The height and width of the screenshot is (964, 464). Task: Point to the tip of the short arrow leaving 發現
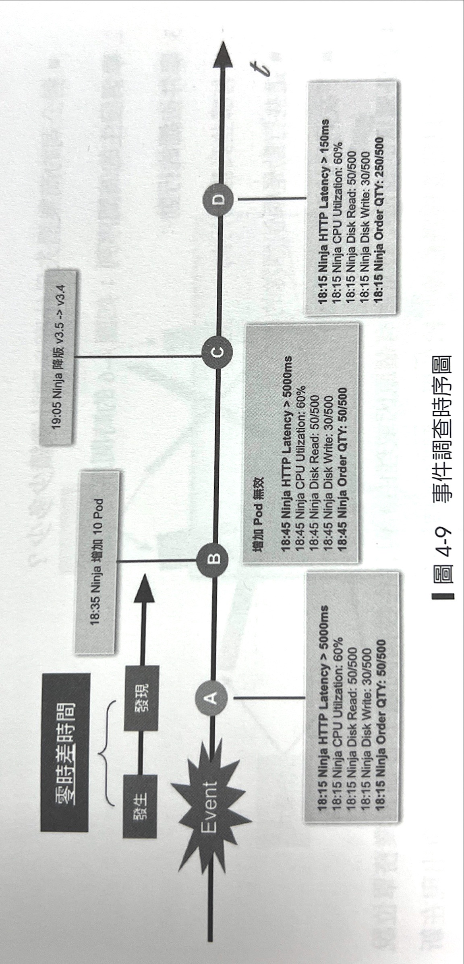tap(144, 575)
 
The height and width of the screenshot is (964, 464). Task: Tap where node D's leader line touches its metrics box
tap(306, 199)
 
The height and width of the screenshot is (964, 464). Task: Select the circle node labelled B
tap(213, 559)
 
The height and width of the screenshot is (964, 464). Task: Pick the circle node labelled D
tap(220, 199)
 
